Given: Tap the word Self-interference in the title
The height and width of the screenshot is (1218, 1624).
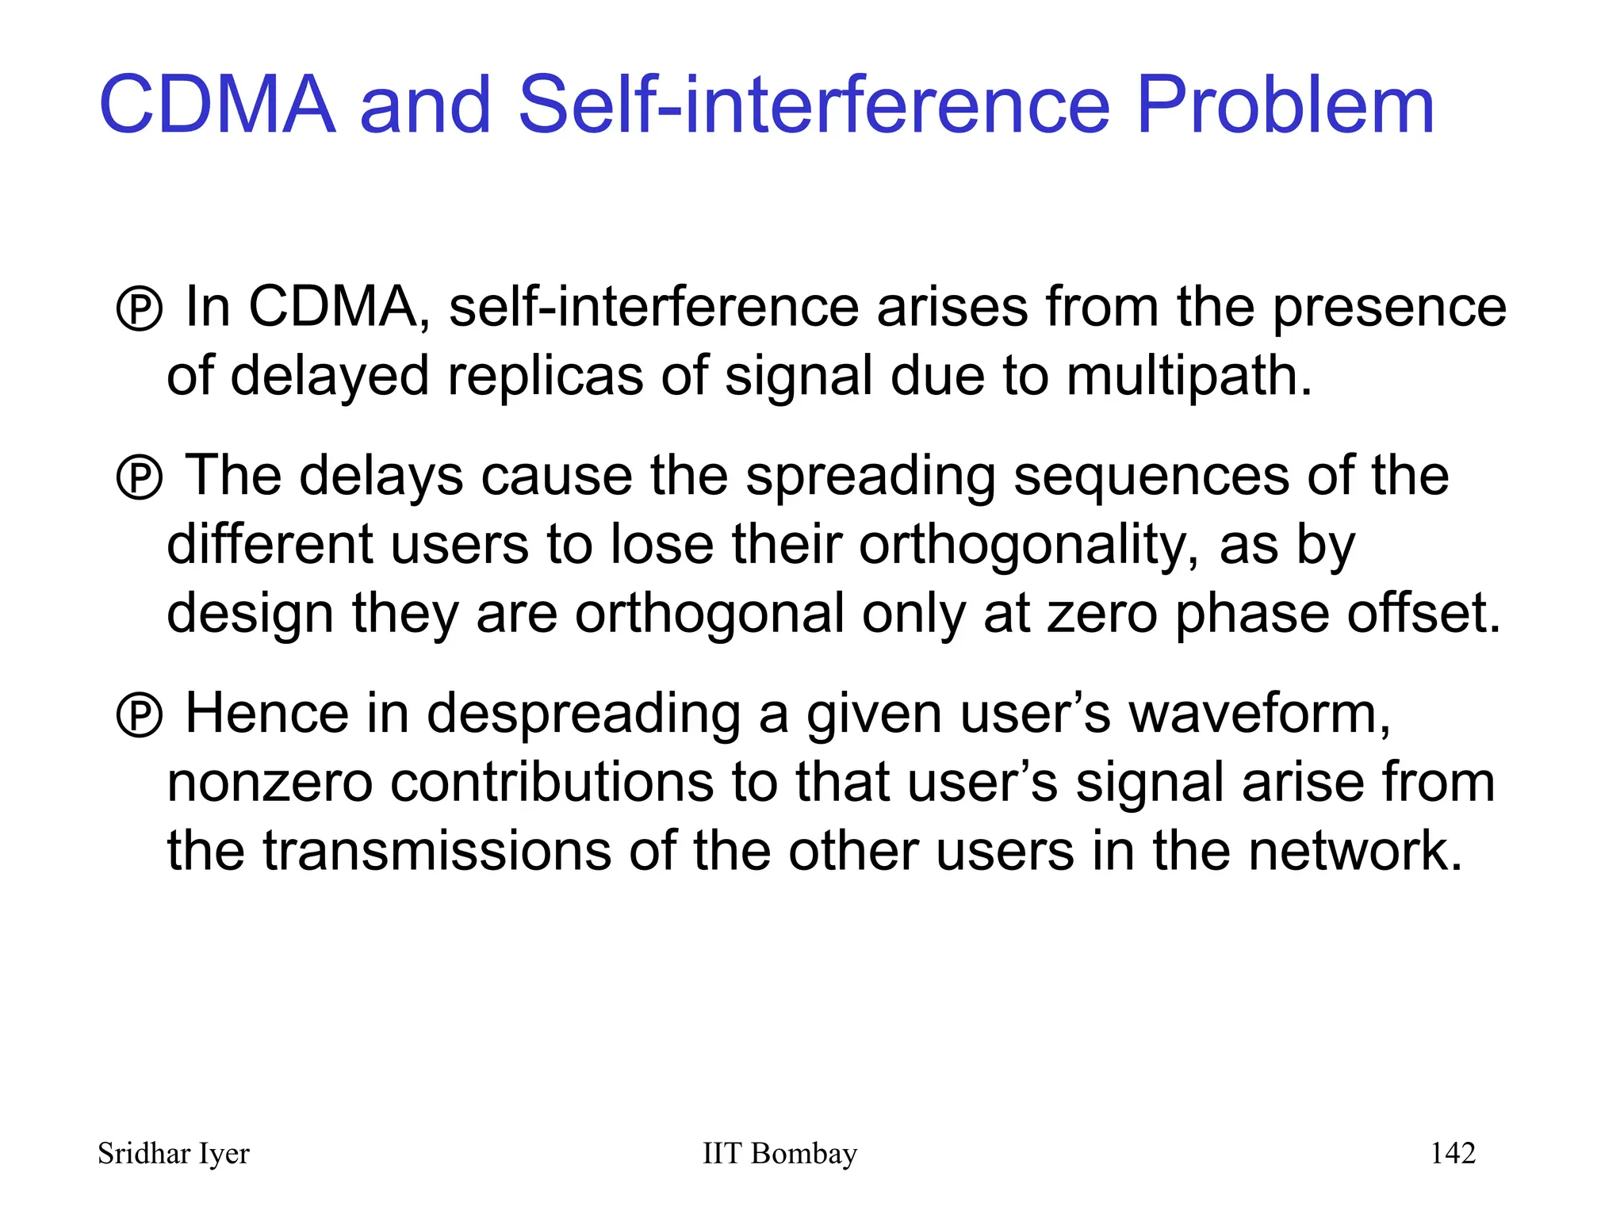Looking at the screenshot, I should (x=814, y=105).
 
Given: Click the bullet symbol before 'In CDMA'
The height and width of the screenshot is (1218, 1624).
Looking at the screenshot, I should (x=140, y=308).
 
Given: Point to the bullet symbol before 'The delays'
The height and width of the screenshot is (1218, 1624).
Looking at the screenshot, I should (x=140, y=477).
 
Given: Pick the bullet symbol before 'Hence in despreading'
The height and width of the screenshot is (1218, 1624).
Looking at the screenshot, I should (x=140, y=715).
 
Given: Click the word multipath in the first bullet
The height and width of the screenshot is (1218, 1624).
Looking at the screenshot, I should (x=1188, y=377).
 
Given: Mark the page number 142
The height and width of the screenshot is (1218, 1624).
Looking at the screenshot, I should (x=1453, y=1153).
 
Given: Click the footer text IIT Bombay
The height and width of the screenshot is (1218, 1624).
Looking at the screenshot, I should (x=779, y=1154).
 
